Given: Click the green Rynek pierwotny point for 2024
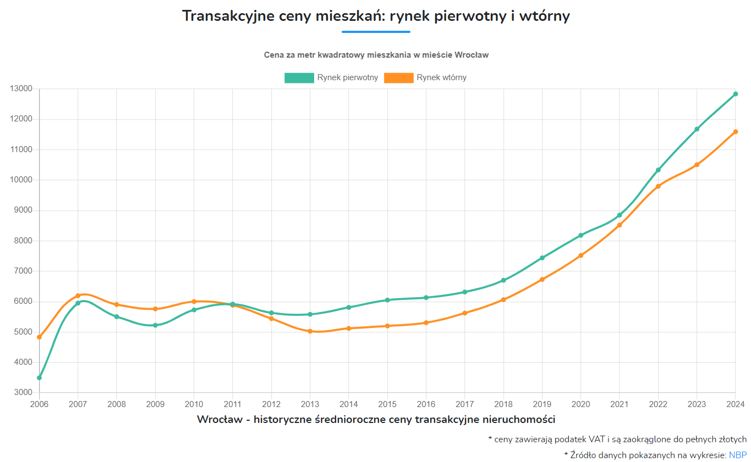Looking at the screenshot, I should click(735, 94).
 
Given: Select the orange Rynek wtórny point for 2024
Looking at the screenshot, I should click(735, 132).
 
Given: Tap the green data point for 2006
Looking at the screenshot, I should click(39, 378).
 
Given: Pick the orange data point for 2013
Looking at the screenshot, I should click(310, 331).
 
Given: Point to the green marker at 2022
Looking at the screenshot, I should click(658, 170).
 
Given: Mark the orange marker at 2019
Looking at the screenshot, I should click(542, 280).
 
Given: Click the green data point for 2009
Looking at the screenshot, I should click(155, 325).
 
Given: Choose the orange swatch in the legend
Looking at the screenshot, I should click(398, 78).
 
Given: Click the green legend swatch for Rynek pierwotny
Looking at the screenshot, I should click(299, 78).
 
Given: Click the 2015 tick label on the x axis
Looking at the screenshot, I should click(387, 404).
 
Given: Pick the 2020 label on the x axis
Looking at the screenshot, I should click(580, 404).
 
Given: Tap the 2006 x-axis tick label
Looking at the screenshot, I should click(39, 404).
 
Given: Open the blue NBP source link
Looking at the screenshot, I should click(738, 455).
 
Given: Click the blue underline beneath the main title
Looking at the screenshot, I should click(376, 32).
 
